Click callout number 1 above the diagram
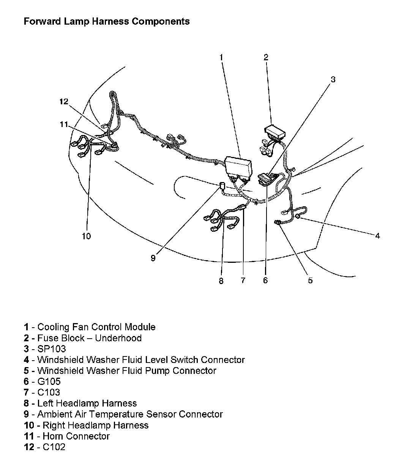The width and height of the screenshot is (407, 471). point(221,57)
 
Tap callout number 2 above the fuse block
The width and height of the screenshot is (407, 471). point(266,57)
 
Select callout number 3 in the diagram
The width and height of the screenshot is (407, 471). point(333,79)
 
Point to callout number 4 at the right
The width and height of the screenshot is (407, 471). point(377,235)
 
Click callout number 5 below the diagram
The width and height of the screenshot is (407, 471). point(310,280)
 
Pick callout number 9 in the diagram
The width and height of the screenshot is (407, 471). point(153,258)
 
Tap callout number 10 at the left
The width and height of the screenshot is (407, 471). point(86,236)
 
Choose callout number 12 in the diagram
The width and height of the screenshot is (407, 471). point(64,101)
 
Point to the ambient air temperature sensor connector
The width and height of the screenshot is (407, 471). point(221,186)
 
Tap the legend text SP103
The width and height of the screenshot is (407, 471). point(52,349)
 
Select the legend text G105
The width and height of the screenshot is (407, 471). point(49,382)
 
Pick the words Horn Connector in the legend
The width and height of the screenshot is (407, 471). point(76,436)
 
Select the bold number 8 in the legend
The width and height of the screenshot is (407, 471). point(26,403)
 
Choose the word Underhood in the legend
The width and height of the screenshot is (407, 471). point(118,338)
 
